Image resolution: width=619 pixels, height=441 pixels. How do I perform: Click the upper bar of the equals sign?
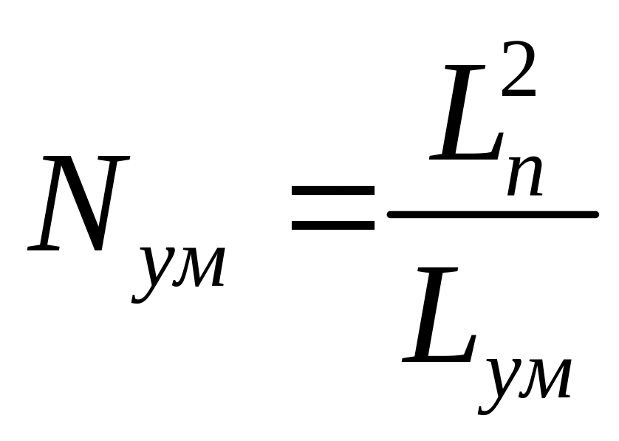[333, 191]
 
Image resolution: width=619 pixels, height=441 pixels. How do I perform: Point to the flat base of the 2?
[519, 95]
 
